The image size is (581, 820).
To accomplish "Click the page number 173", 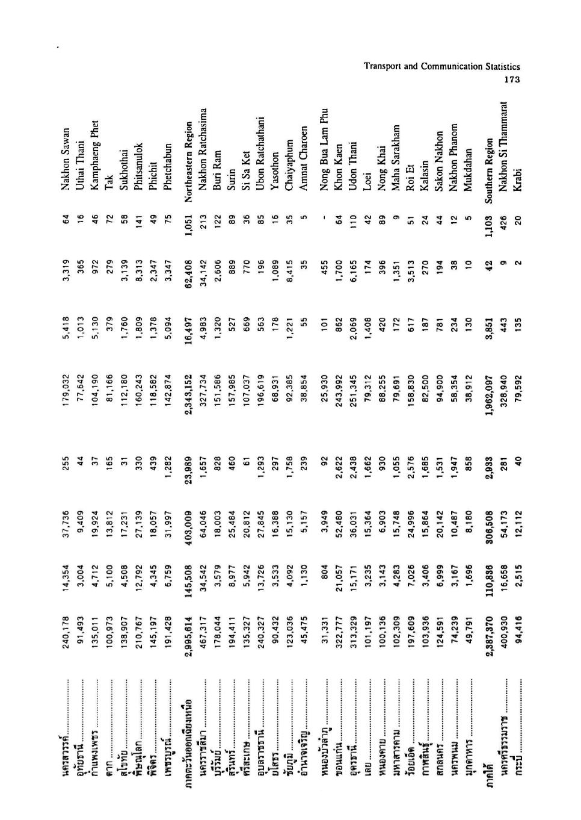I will (511, 79).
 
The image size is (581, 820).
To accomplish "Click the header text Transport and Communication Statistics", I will (442, 67).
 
